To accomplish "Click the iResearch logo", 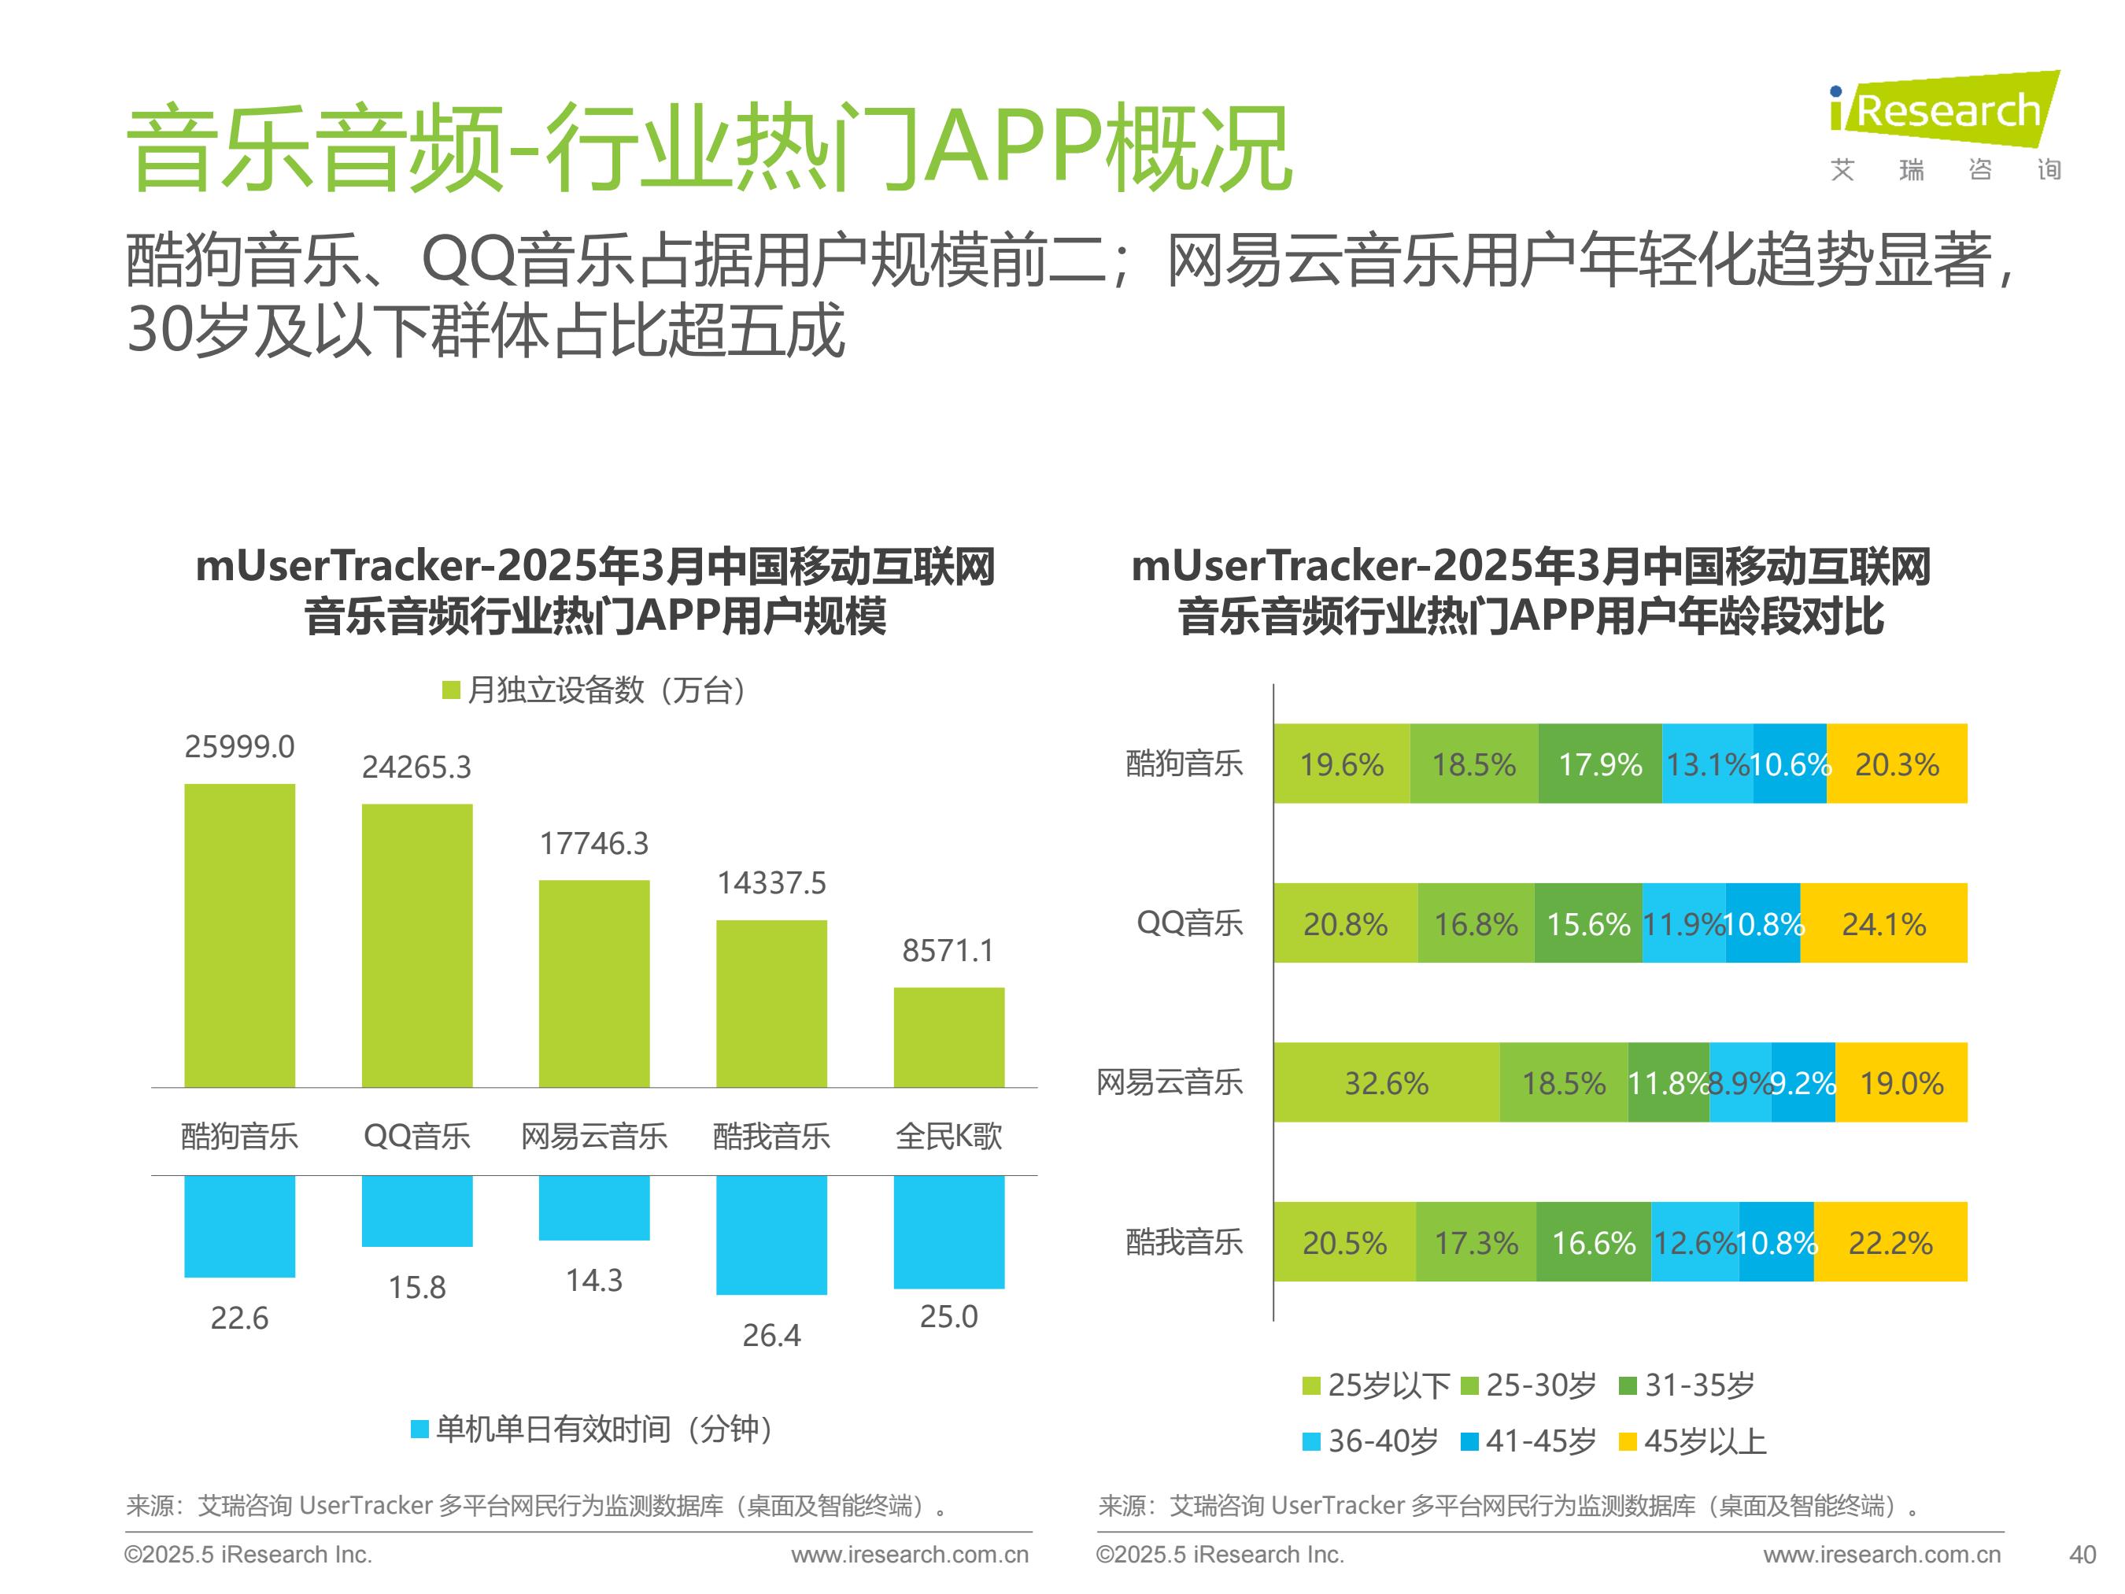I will (1943, 125).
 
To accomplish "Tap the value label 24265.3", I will (416, 767).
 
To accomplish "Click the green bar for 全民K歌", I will (948, 1037).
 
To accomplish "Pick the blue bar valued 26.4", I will (771, 1233).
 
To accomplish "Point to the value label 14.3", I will (593, 1280).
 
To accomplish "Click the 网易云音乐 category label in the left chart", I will (593, 1136).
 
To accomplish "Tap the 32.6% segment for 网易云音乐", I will (1386, 1083).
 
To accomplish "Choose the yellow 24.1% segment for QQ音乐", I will (1883, 923).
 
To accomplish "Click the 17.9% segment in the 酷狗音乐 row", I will (1599, 764).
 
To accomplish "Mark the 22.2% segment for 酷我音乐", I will (1890, 1242).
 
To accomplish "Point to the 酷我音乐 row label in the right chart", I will (1184, 1242).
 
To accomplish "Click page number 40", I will (2082, 1555).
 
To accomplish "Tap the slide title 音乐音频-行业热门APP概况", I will (709, 149).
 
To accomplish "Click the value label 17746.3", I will (593, 844).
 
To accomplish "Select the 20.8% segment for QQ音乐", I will (1345, 923).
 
